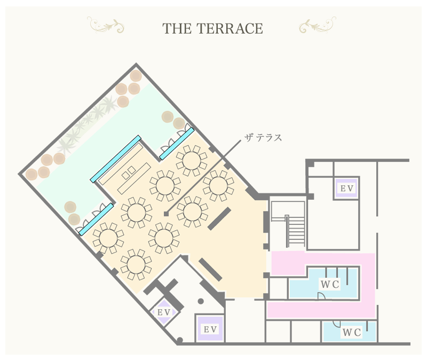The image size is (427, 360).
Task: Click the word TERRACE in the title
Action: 230,29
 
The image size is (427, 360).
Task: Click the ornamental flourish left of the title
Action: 106,25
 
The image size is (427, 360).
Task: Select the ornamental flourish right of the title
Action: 318,25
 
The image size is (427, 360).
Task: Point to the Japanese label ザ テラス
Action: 263,138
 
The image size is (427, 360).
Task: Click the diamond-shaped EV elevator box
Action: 164,312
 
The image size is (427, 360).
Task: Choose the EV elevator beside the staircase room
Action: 346,188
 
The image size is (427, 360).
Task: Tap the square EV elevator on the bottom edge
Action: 210,329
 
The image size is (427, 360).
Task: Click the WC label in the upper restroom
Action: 330,284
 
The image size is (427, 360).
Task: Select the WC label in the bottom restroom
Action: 352,332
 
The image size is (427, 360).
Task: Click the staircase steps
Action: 296,230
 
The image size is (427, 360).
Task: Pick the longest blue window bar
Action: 116,159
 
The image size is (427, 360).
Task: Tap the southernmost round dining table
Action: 136,264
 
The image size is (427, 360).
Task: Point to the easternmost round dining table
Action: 218,185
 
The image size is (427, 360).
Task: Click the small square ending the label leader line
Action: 166,214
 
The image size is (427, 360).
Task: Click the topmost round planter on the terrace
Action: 136,75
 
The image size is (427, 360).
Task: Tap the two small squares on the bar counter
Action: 129,173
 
